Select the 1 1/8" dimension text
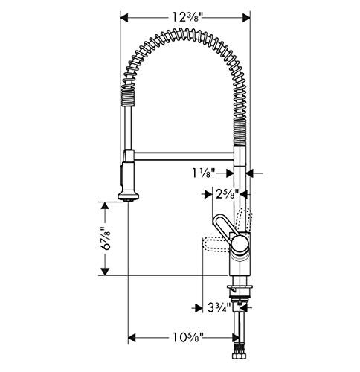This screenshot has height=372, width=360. click(x=204, y=173)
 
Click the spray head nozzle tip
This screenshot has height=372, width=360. click(x=128, y=198)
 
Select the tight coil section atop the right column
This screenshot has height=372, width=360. click(x=240, y=134)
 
